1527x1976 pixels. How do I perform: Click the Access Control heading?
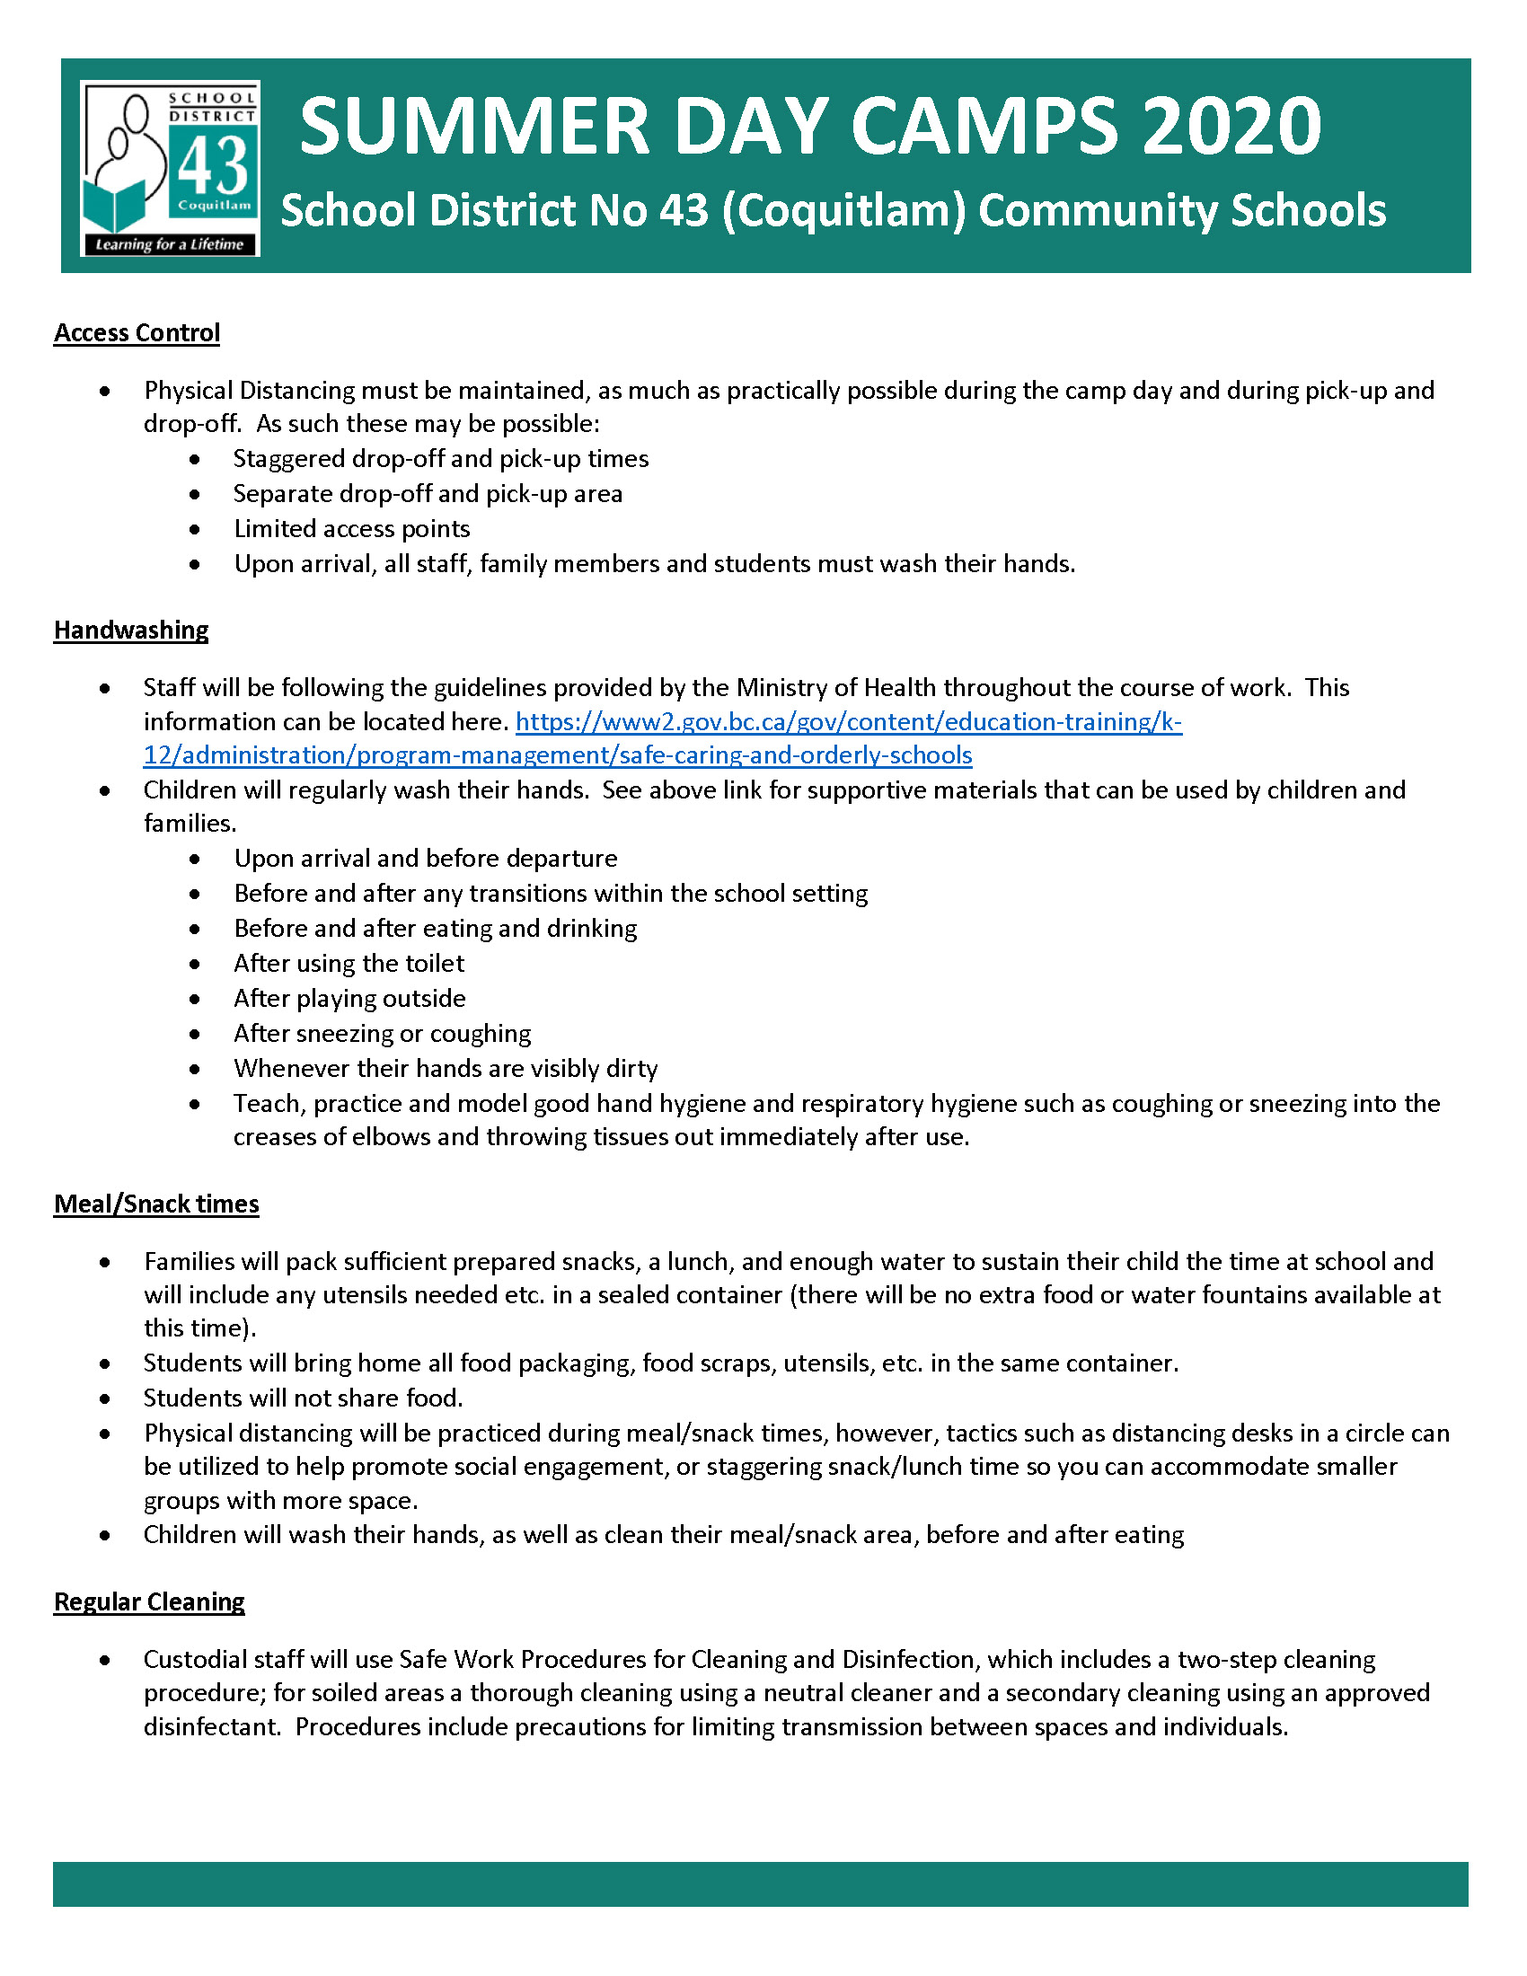pyautogui.click(x=137, y=333)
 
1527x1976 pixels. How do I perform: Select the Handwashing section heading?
pyautogui.click(x=131, y=630)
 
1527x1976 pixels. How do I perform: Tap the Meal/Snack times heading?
pyautogui.click(x=156, y=1204)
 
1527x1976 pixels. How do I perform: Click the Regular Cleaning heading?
pyautogui.click(x=149, y=1601)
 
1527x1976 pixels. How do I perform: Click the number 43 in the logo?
pyautogui.click(x=214, y=166)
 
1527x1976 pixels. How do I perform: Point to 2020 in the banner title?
pyautogui.click(x=1231, y=126)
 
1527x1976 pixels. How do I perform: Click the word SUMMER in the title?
pyautogui.click(x=474, y=126)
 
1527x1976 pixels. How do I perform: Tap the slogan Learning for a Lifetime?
pyautogui.click(x=170, y=244)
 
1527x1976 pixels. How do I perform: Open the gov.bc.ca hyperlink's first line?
pyautogui.click(x=849, y=721)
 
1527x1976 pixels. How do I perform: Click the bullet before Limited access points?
pyautogui.click(x=196, y=529)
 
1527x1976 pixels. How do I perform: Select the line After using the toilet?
pyautogui.click(x=349, y=963)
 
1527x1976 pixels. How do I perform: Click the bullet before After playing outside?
pyautogui.click(x=196, y=999)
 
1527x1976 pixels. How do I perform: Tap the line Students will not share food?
pyautogui.click(x=303, y=1398)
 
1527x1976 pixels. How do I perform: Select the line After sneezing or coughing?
pyautogui.click(x=383, y=1033)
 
